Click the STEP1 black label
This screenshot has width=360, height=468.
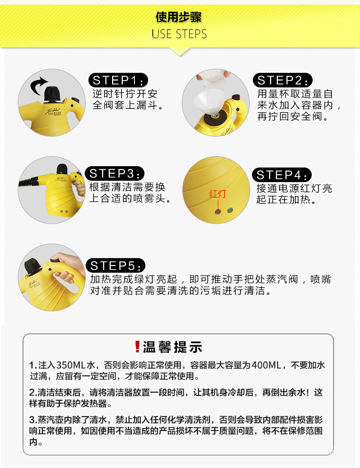point(118,80)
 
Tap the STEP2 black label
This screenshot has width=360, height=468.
point(283,80)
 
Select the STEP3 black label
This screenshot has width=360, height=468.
point(115,173)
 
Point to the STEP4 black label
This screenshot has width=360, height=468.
point(282,175)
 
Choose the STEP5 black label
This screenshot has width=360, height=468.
point(115,265)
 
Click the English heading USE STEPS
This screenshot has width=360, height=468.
point(179,34)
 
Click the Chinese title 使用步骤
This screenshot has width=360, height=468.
point(179,17)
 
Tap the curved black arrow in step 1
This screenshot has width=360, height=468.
point(38,86)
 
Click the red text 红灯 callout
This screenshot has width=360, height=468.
point(217,194)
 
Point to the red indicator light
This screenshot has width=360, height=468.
point(218,212)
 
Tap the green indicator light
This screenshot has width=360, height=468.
point(230,210)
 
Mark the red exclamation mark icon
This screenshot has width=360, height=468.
point(137,347)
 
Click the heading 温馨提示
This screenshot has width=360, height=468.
point(172,347)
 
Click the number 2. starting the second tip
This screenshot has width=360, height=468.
point(33,392)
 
